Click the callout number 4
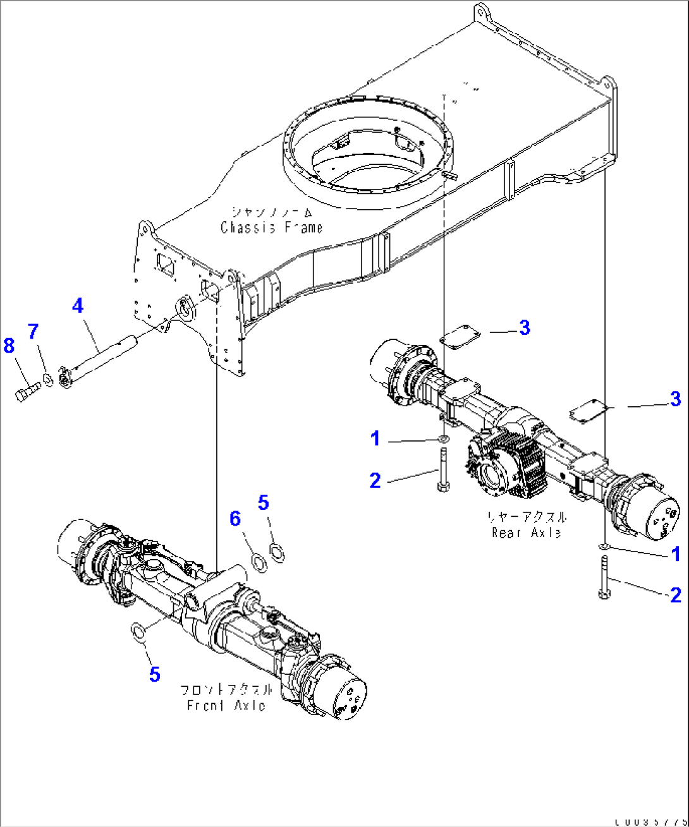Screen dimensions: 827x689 [x=77, y=306]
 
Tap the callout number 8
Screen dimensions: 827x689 [x=9, y=346]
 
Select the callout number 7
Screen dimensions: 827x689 [x=33, y=331]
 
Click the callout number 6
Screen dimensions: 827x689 [x=235, y=519]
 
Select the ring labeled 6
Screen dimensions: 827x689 [x=259, y=561]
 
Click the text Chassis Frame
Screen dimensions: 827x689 [x=271, y=227]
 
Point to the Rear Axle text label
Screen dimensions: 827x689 [x=526, y=532]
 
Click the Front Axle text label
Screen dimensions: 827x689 [x=226, y=705]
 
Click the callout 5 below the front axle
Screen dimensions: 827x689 [x=155, y=674]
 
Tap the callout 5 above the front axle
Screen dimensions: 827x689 [x=264, y=503]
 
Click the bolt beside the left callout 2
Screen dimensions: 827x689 [x=442, y=469]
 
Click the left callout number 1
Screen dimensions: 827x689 [x=375, y=438]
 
